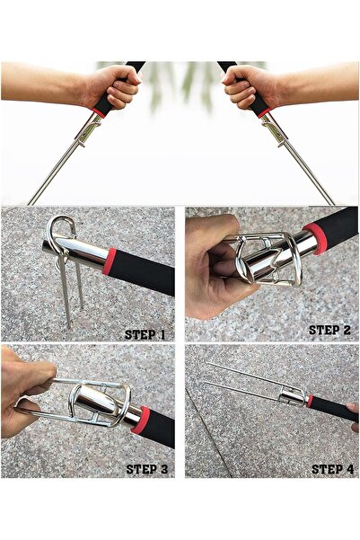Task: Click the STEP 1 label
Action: click(x=145, y=334)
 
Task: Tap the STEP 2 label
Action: click(x=329, y=330)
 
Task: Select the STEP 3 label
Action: click(x=147, y=469)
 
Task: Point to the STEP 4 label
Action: click(x=332, y=469)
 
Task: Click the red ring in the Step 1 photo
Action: click(x=110, y=261)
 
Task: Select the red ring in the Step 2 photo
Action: click(x=314, y=238)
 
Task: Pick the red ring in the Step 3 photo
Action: click(x=140, y=420)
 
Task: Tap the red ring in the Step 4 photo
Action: click(x=310, y=401)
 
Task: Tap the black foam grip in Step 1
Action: click(x=143, y=272)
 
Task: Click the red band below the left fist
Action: click(x=100, y=112)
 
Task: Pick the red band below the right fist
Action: click(x=263, y=112)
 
